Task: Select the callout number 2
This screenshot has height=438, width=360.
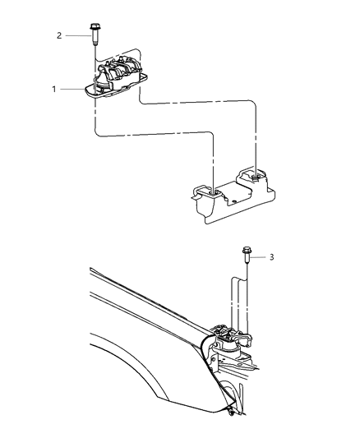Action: click(58, 35)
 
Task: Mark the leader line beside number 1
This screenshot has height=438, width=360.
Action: click(72, 89)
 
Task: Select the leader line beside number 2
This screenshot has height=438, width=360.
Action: click(76, 35)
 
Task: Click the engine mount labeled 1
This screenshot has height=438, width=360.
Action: click(119, 78)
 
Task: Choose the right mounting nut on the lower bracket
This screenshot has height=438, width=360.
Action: click(256, 175)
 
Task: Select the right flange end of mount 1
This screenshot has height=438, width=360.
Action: click(145, 76)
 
